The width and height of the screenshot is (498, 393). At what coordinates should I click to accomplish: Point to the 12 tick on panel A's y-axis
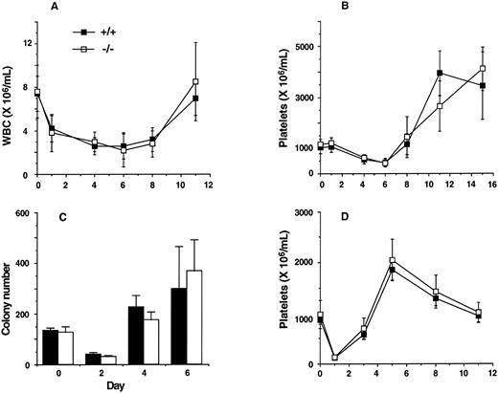coord(28,43)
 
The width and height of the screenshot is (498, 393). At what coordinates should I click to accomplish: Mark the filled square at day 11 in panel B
coord(440,73)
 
